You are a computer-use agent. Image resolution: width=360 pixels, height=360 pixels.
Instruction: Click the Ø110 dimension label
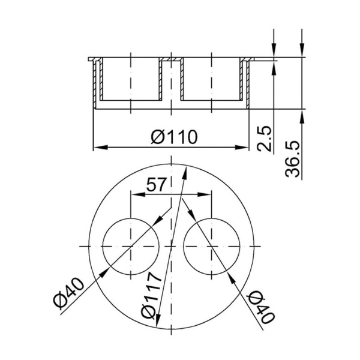pyautogui.click(x=174, y=137)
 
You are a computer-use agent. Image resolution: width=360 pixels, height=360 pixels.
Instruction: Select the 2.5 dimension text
pyautogui.click(x=264, y=138)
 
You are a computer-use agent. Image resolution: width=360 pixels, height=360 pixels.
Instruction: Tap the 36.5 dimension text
pyautogui.click(x=292, y=159)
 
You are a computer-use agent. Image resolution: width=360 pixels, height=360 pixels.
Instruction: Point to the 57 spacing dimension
pyautogui.click(x=156, y=184)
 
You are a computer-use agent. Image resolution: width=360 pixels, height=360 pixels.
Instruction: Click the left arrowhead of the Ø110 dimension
pyautogui.click(x=101, y=147)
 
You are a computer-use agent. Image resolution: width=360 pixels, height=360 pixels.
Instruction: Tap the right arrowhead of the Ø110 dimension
pyautogui.click(x=242, y=147)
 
